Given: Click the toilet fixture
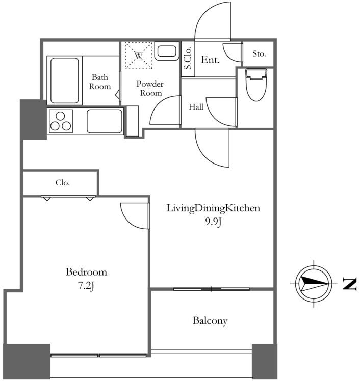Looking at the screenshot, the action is point(256,85).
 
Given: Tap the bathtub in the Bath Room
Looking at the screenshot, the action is point(65,80).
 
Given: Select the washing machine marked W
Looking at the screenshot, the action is point(139,56).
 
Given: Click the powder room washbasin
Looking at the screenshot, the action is point(167,51).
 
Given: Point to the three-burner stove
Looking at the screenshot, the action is point(61,121).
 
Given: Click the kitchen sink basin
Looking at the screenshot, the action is point(105,121).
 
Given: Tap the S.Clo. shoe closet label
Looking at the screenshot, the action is point(188,58).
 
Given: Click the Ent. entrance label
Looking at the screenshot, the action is point(210,60).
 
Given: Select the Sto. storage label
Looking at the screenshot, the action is point(259,53).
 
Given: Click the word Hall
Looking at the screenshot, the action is point(196,107).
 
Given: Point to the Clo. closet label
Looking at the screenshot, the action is point(63,182).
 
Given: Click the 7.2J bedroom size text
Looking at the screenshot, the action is point(86,286).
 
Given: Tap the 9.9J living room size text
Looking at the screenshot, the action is point(213,222).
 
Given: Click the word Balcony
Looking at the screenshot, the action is point(210,321).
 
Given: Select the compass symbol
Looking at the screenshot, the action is point(314,284).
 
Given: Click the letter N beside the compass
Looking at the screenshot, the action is point(350,284).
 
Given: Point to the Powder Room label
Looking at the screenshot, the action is point(150,89).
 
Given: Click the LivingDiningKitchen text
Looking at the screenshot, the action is point(213,208).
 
